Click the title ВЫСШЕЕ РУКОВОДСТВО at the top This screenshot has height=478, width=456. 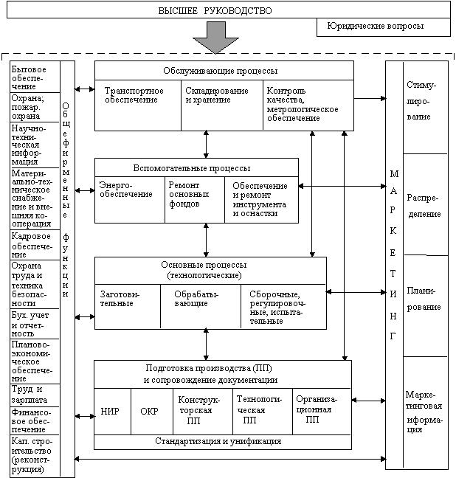coord(215,11)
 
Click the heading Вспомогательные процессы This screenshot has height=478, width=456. coord(196,167)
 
